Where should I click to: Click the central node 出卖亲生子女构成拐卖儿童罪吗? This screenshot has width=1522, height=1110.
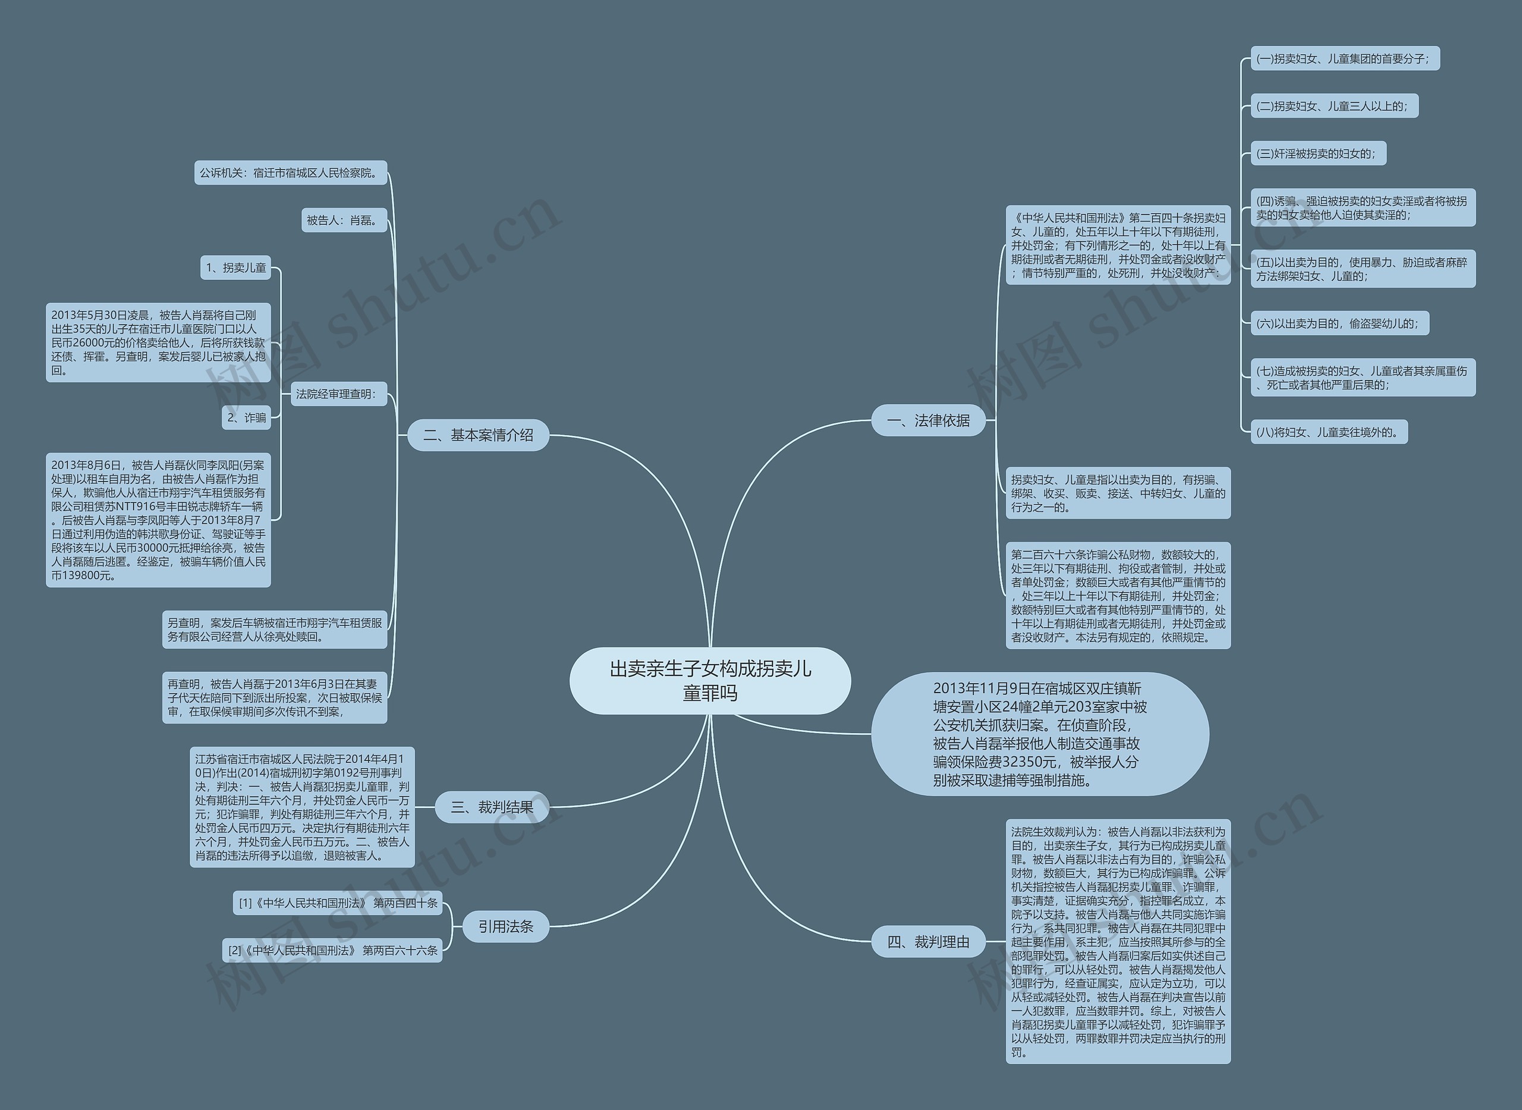click(x=710, y=681)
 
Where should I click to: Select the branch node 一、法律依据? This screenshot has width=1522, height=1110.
click(x=928, y=420)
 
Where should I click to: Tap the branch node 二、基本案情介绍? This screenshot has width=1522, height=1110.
click(x=478, y=435)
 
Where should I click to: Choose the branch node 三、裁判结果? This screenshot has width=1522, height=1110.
click(x=492, y=807)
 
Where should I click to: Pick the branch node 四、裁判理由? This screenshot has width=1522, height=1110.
click(x=928, y=942)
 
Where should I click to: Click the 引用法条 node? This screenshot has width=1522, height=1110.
click(x=505, y=926)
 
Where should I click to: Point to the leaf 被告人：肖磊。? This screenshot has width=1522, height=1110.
click(x=344, y=221)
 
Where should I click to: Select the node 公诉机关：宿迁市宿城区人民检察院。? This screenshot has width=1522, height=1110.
click(x=290, y=172)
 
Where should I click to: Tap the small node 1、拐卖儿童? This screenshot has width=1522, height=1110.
click(x=235, y=268)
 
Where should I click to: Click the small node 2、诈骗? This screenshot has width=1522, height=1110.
click(x=246, y=417)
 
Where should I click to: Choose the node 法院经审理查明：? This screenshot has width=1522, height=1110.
click(x=337, y=394)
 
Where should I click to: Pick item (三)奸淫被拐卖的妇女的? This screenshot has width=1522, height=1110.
click(x=1317, y=153)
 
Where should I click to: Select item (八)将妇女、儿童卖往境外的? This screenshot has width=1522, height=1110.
click(x=1328, y=432)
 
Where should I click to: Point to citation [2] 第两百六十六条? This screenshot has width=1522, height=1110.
click(x=332, y=950)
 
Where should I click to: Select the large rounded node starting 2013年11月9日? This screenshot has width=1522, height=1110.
click(x=1039, y=734)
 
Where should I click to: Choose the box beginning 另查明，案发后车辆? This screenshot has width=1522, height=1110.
click(x=274, y=630)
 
